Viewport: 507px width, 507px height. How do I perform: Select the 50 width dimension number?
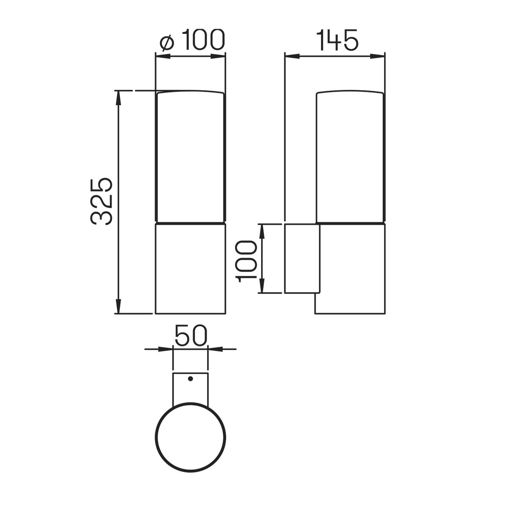coord(191,335)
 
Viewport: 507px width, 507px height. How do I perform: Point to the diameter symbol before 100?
coord(167,43)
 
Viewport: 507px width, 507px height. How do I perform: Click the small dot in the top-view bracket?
coord(191,379)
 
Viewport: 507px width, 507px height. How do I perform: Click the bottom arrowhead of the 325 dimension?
coord(118,306)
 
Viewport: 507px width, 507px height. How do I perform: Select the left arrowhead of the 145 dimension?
coord(292,56)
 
